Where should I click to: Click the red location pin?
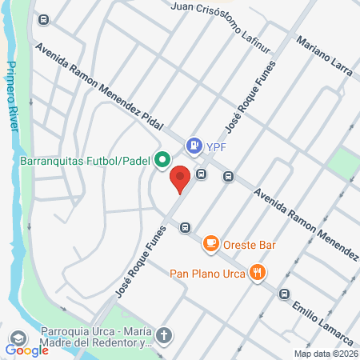[x=181, y=178]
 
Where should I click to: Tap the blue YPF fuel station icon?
[x=193, y=146]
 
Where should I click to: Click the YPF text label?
[x=215, y=146]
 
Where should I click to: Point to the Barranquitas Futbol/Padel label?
[x=85, y=159]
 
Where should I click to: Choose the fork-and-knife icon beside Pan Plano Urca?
[x=257, y=272]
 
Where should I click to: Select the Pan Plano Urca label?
[x=206, y=272]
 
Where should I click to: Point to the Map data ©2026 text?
[x=325, y=354]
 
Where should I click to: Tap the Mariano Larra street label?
[x=323, y=56]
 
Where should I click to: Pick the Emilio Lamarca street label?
[x=323, y=315]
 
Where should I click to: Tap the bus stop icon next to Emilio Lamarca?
[x=284, y=294]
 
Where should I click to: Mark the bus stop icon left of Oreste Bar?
[x=185, y=227]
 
